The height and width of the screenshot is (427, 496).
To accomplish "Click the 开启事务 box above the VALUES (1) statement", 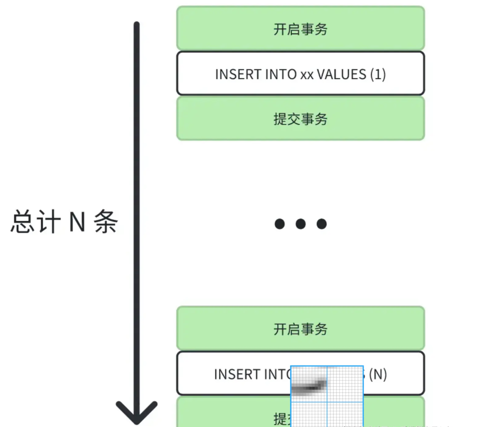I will click(x=301, y=29).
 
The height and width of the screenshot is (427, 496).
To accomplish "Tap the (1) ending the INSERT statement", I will click(x=378, y=74).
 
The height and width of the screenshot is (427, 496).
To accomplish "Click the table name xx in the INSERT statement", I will click(x=307, y=74).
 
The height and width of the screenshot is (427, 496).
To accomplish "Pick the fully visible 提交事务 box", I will click(x=301, y=119).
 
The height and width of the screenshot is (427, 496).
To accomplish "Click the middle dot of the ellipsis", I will click(x=301, y=224).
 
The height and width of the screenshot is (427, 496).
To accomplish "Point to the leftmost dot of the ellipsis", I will click(x=279, y=224).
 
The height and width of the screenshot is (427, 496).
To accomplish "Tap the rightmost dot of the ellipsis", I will click(x=322, y=224).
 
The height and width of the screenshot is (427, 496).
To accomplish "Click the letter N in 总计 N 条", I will click(x=77, y=222).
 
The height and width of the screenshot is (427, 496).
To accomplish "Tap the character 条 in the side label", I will click(x=106, y=222).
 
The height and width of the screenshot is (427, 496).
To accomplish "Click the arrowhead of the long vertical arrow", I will click(x=136, y=410).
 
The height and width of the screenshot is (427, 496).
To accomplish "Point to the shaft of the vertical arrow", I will click(x=136, y=201).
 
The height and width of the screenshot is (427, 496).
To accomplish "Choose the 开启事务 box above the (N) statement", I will click(x=301, y=329).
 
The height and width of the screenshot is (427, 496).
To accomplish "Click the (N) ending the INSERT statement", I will click(x=378, y=374).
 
